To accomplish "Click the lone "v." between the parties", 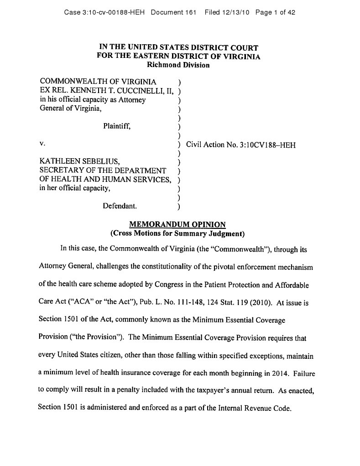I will pyautogui.click(x=42, y=144).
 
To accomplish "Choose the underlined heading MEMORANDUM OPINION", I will pyautogui.click(x=178, y=225).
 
